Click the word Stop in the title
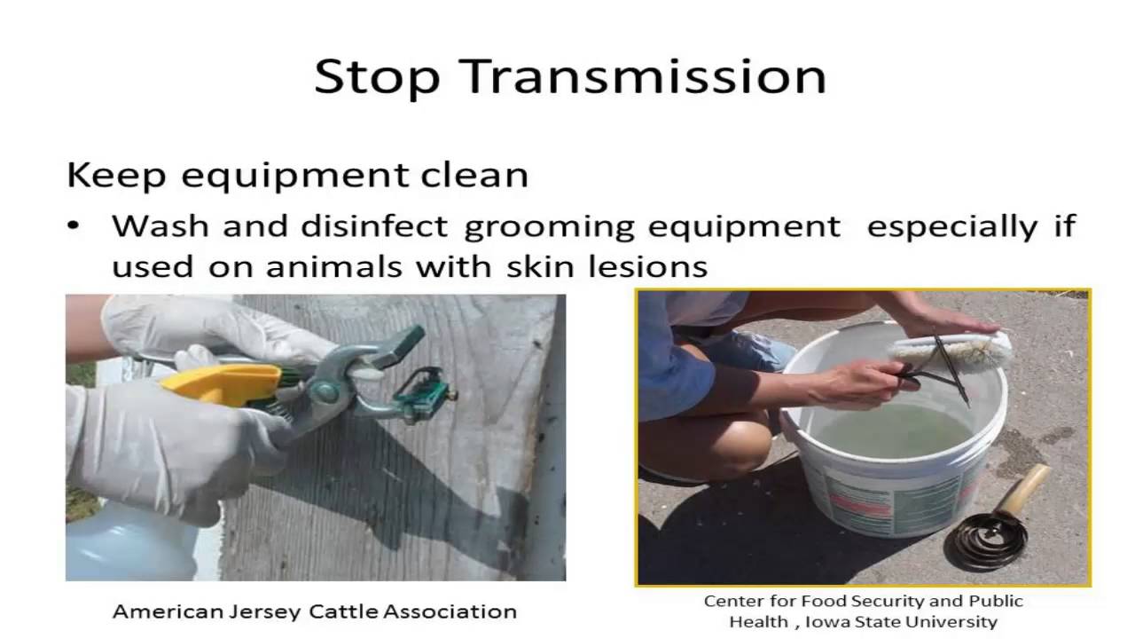coord(377,76)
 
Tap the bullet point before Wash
coord(74,226)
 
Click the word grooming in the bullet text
coord(549,228)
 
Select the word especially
coord(951,228)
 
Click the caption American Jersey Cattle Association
coord(314,611)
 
